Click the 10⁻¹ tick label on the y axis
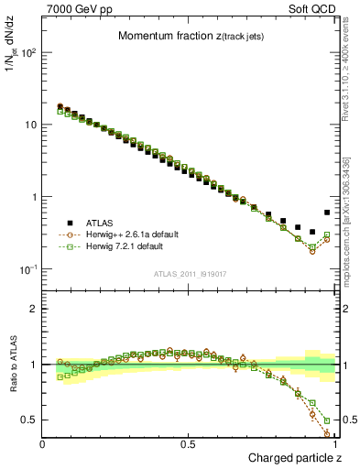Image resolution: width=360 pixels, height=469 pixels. coord(27,269)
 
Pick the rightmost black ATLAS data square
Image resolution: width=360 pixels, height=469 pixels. coord(327,213)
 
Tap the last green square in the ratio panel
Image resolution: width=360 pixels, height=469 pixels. coord(327,420)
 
